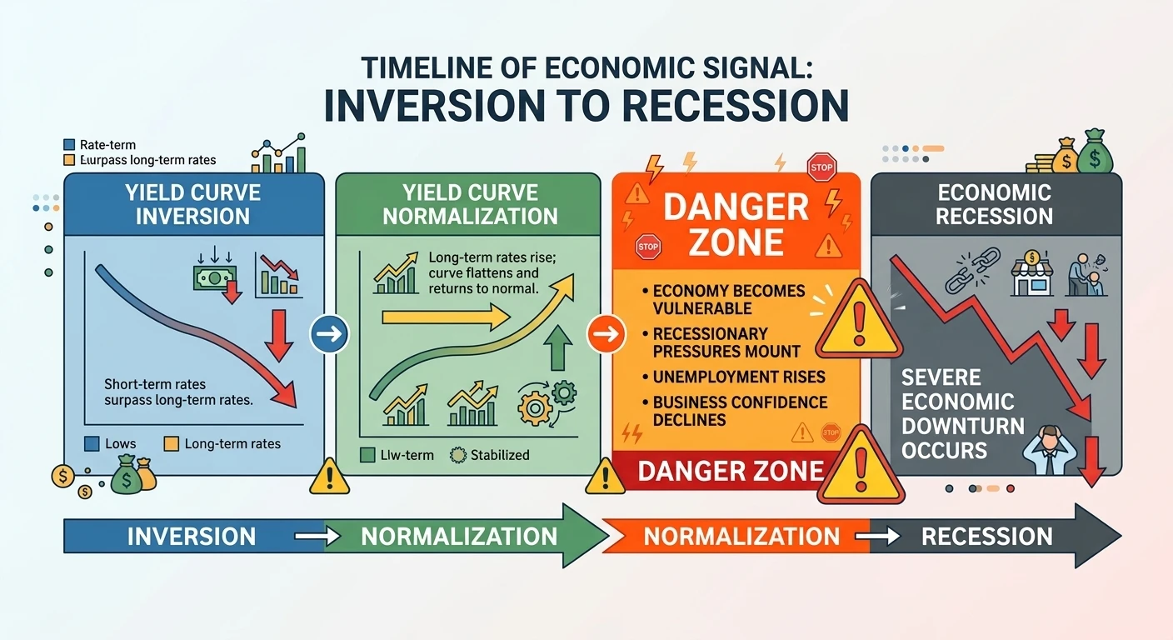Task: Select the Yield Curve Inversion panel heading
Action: coord(192,205)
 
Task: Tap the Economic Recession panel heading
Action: coord(995,205)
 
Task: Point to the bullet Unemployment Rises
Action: coord(738,377)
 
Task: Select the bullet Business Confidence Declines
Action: coord(738,410)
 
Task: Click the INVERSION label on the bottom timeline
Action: coord(192,536)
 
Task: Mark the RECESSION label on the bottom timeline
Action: coord(987,536)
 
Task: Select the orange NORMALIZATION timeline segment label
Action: coord(741,536)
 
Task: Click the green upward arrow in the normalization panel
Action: coord(557,346)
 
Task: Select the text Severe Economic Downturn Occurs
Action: coord(962,414)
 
